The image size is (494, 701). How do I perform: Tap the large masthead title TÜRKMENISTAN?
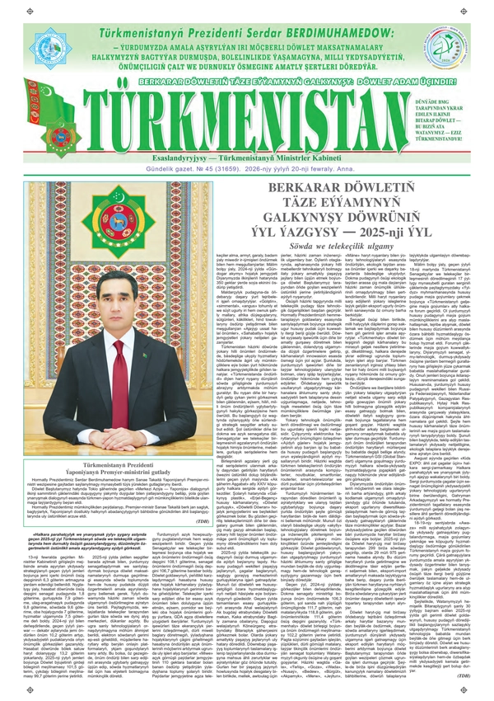(246, 117)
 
